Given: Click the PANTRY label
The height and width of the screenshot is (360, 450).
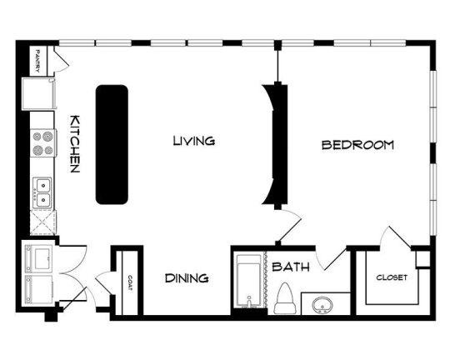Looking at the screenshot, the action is [x=37, y=61].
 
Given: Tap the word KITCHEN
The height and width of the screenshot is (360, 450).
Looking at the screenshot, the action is [x=75, y=144].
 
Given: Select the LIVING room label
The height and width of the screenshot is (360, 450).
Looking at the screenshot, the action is [x=194, y=141].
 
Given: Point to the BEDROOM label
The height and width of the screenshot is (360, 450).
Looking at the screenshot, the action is [x=357, y=145].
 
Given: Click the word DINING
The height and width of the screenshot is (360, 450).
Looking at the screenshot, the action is [x=187, y=277].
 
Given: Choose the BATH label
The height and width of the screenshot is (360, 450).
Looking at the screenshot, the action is [x=291, y=267].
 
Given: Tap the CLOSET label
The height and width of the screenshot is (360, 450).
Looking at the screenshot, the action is [x=392, y=277].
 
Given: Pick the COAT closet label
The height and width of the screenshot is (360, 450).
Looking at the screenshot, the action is [x=130, y=283].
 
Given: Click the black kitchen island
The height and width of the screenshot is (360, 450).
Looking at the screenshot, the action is [x=112, y=144].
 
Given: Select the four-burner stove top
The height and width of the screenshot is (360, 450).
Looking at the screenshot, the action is [x=43, y=143].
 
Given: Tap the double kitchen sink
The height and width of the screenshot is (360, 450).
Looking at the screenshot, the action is [x=42, y=192].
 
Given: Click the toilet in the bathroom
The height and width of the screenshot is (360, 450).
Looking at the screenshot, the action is [x=285, y=298].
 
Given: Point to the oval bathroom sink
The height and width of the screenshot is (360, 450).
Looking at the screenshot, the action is [x=322, y=305].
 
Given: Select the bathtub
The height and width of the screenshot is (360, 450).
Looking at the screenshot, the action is [x=249, y=281].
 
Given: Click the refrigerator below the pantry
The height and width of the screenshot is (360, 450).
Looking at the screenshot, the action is [x=39, y=93].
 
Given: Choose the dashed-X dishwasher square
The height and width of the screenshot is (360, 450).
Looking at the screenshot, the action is [x=43, y=222].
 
